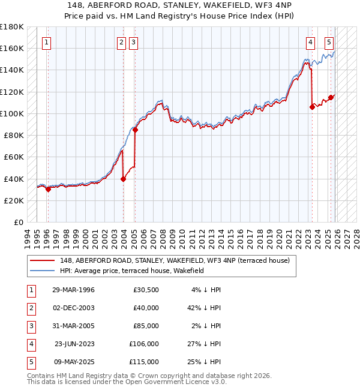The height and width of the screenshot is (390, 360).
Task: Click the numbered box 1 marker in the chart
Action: [46, 42]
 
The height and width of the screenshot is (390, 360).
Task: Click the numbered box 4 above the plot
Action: [310, 42]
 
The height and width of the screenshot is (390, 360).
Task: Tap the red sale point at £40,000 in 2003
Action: [123, 178]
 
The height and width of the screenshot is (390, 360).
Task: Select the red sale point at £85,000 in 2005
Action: [135, 130]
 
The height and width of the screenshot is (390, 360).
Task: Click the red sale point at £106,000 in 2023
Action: [312, 107]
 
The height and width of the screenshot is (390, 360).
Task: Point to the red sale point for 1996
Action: [48, 188]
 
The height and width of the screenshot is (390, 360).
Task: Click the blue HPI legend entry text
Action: [132, 271]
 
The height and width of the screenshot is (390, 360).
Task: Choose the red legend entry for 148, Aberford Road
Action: [175, 260]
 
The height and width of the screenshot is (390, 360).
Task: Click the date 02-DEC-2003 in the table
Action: [73, 308]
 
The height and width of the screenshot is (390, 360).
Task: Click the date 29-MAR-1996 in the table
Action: [73, 290]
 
